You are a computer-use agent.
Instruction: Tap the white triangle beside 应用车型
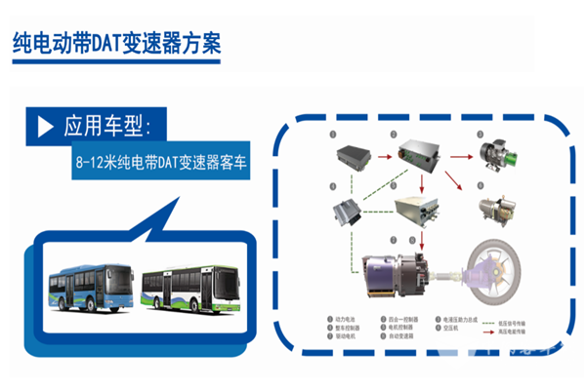click(44, 127)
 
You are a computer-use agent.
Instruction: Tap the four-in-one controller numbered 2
click(421, 150)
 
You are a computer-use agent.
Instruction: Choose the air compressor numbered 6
click(499, 207)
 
